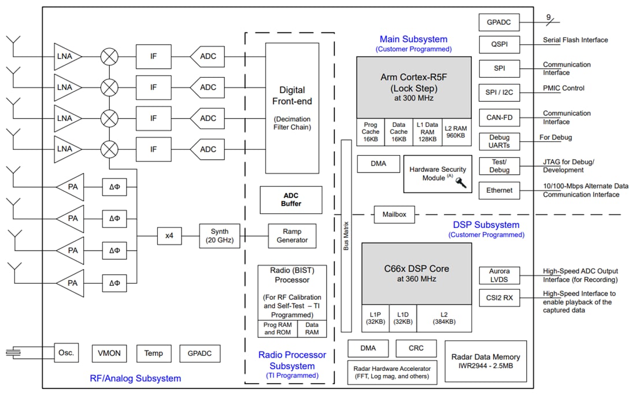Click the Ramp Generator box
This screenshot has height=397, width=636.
(292, 236)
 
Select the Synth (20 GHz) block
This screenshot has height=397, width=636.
(219, 236)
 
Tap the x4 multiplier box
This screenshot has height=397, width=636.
(169, 236)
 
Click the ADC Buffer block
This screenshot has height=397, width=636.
(291, 200)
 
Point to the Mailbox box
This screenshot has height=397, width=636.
(394, 214)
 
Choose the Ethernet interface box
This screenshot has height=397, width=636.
(499, 190)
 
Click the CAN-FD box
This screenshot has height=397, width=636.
(499, 117)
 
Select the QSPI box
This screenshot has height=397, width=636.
(499, 45)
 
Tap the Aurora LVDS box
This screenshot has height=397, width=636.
(499, 275)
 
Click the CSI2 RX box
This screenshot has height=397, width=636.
(499, 299)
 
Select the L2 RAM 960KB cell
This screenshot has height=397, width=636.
(456, 132)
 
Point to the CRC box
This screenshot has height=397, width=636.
(416, 348)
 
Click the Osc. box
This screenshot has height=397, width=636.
(66, 353)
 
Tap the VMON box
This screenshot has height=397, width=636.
(109, 354)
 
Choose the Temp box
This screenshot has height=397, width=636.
(154, 354)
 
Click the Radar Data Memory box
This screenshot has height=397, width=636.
(486, 361)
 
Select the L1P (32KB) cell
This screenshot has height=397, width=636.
(375, 318)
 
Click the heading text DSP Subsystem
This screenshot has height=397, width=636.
(486, 225)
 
